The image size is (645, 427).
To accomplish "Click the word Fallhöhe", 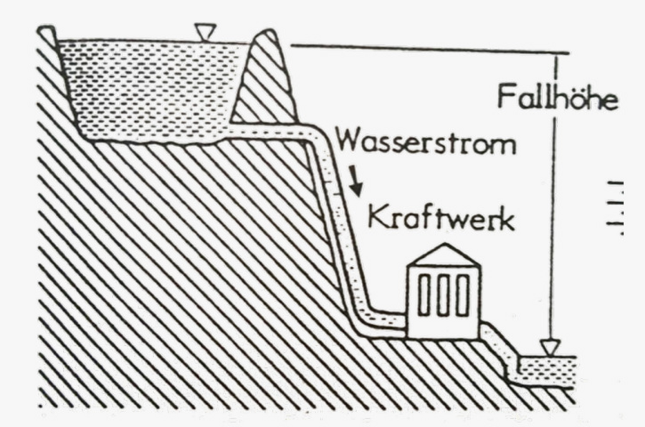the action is pos(558,97).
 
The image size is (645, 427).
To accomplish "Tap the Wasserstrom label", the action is pos(426,143).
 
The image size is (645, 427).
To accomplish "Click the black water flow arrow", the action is pos(356,180).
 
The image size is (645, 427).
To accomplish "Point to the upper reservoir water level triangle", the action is pos(205,32).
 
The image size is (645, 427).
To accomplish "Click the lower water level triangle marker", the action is pos(550,348).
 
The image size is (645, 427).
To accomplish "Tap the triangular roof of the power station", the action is pos(444,254).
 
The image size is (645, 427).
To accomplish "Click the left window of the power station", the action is pos(424,295).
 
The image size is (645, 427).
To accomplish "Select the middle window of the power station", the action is pos(444,295).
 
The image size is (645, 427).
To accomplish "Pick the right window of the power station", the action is pos(463,295).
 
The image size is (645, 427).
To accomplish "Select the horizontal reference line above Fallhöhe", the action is pos(430,49).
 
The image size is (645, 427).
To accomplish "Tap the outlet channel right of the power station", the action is pos(498,347).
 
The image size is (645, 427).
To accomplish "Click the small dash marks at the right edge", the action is pos(616,208).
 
